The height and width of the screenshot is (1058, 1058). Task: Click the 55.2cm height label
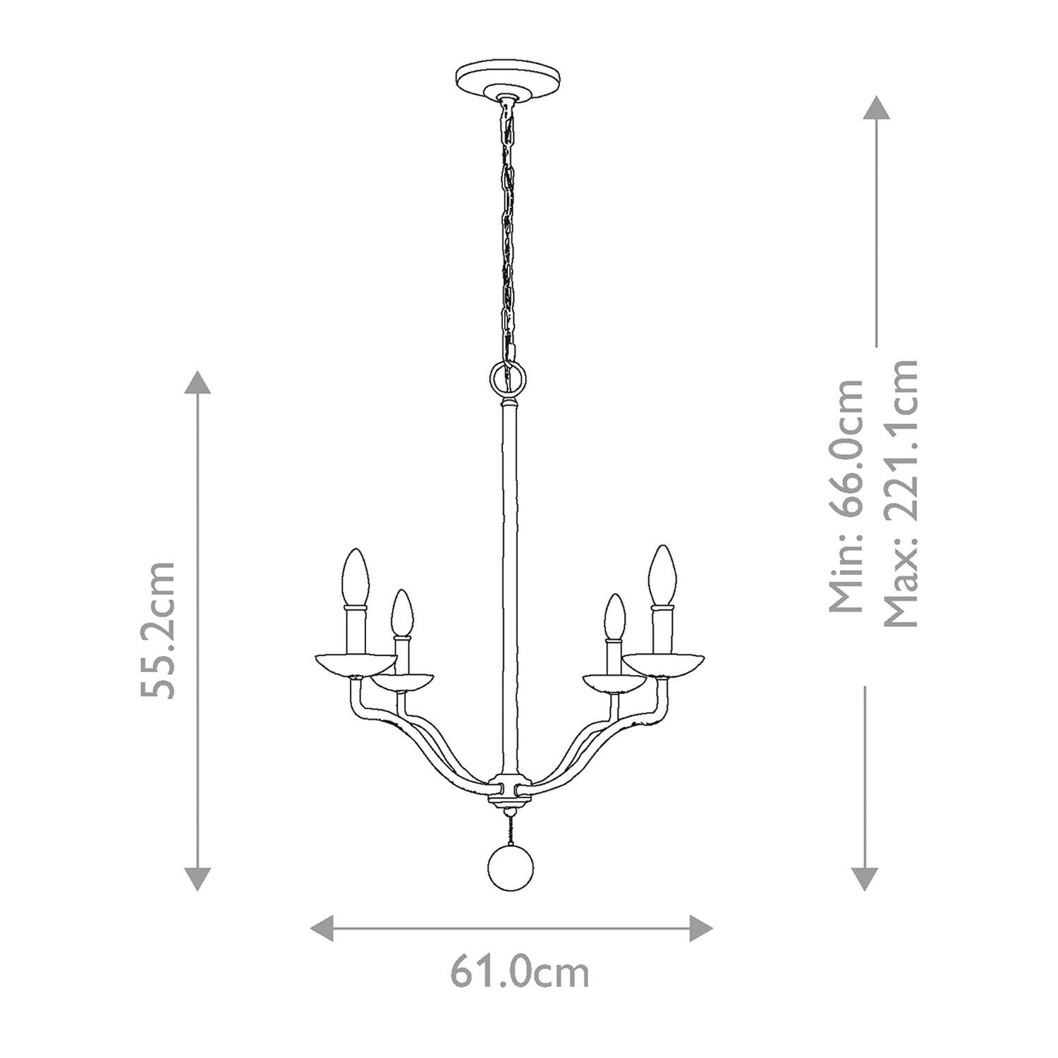157,630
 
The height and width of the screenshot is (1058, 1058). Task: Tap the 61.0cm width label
520,973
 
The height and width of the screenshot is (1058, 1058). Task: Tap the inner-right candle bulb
615,616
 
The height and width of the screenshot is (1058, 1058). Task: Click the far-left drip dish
355,664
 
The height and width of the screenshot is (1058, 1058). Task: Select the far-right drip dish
663,663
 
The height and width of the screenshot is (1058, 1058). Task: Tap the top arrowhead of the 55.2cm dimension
197,382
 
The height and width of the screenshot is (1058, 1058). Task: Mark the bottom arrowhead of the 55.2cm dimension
197,879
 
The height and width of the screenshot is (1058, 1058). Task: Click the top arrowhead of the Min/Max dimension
875,107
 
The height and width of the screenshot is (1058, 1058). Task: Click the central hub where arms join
508,791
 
